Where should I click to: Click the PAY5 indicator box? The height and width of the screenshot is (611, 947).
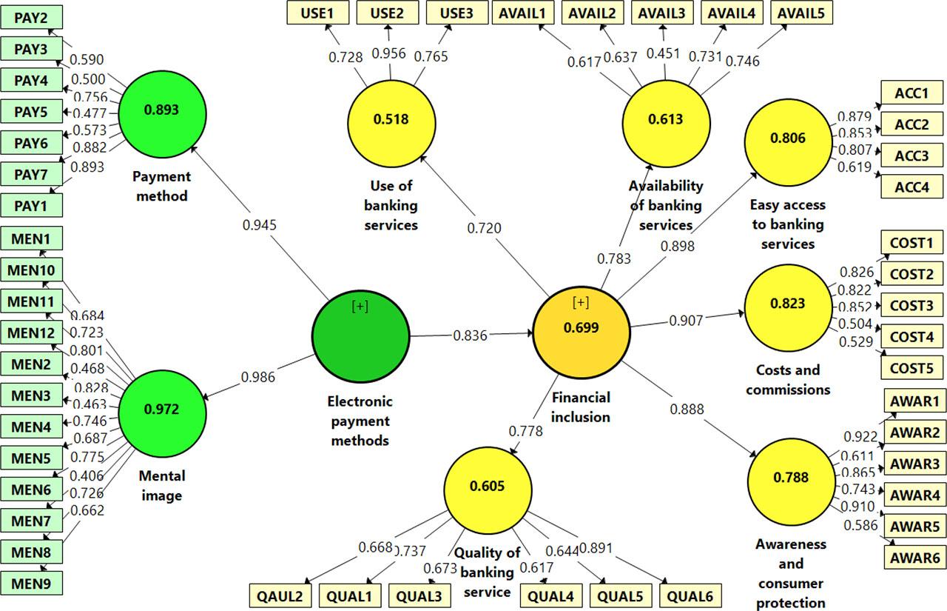tap(32, 113)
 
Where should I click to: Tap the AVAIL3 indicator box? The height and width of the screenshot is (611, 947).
tap(661, 13)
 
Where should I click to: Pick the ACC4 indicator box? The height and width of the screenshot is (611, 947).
tap(911, 185)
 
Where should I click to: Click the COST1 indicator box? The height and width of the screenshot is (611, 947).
tap(911, 242)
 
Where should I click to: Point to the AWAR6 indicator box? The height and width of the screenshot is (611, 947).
tap(914, 558)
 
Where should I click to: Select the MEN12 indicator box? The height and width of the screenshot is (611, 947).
tap(32, 333)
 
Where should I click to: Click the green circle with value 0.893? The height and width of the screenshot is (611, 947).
tap(161, 110)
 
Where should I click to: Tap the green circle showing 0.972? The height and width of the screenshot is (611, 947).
tap(161, 408)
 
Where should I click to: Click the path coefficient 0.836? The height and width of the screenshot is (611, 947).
tap(471, 335)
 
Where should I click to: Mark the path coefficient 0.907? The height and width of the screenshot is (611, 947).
tap(686, 321)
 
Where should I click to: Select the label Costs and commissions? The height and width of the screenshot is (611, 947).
tap(787, 379)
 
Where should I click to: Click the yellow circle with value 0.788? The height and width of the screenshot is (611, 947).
tap(790, 478)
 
